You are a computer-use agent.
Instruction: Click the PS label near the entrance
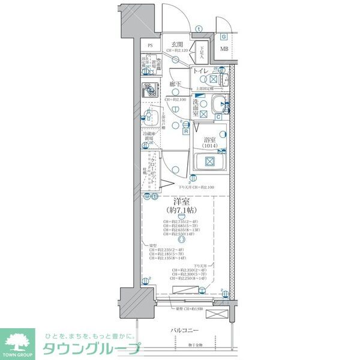coord(151,46)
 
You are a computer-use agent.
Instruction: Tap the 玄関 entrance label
coord(177,44)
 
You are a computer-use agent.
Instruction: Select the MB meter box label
coord(223,49)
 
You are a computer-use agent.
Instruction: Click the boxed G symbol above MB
coord(223,37)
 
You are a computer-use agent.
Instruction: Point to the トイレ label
coord(200,72)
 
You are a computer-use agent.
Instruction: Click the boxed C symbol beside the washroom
coord(219,116)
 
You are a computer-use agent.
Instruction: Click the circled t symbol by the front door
coord(199,28)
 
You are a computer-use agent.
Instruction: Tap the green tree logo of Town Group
coord(19,340)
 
